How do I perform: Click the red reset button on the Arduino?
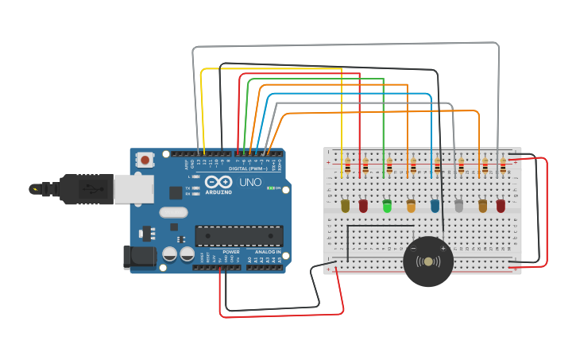145,160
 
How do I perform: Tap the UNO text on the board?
250,182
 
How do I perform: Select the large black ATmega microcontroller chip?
238,236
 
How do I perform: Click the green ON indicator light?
272,188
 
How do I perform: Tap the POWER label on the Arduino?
231,251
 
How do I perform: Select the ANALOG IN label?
267,251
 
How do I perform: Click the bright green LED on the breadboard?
387,206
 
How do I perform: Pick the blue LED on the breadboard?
435,206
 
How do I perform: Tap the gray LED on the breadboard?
458,206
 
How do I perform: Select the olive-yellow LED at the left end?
345,206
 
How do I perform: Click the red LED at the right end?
501,206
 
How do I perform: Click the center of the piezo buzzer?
428,261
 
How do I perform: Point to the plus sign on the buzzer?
443,249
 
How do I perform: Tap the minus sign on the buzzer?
413,249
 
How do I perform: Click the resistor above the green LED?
389,166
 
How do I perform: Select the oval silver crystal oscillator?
173,212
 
